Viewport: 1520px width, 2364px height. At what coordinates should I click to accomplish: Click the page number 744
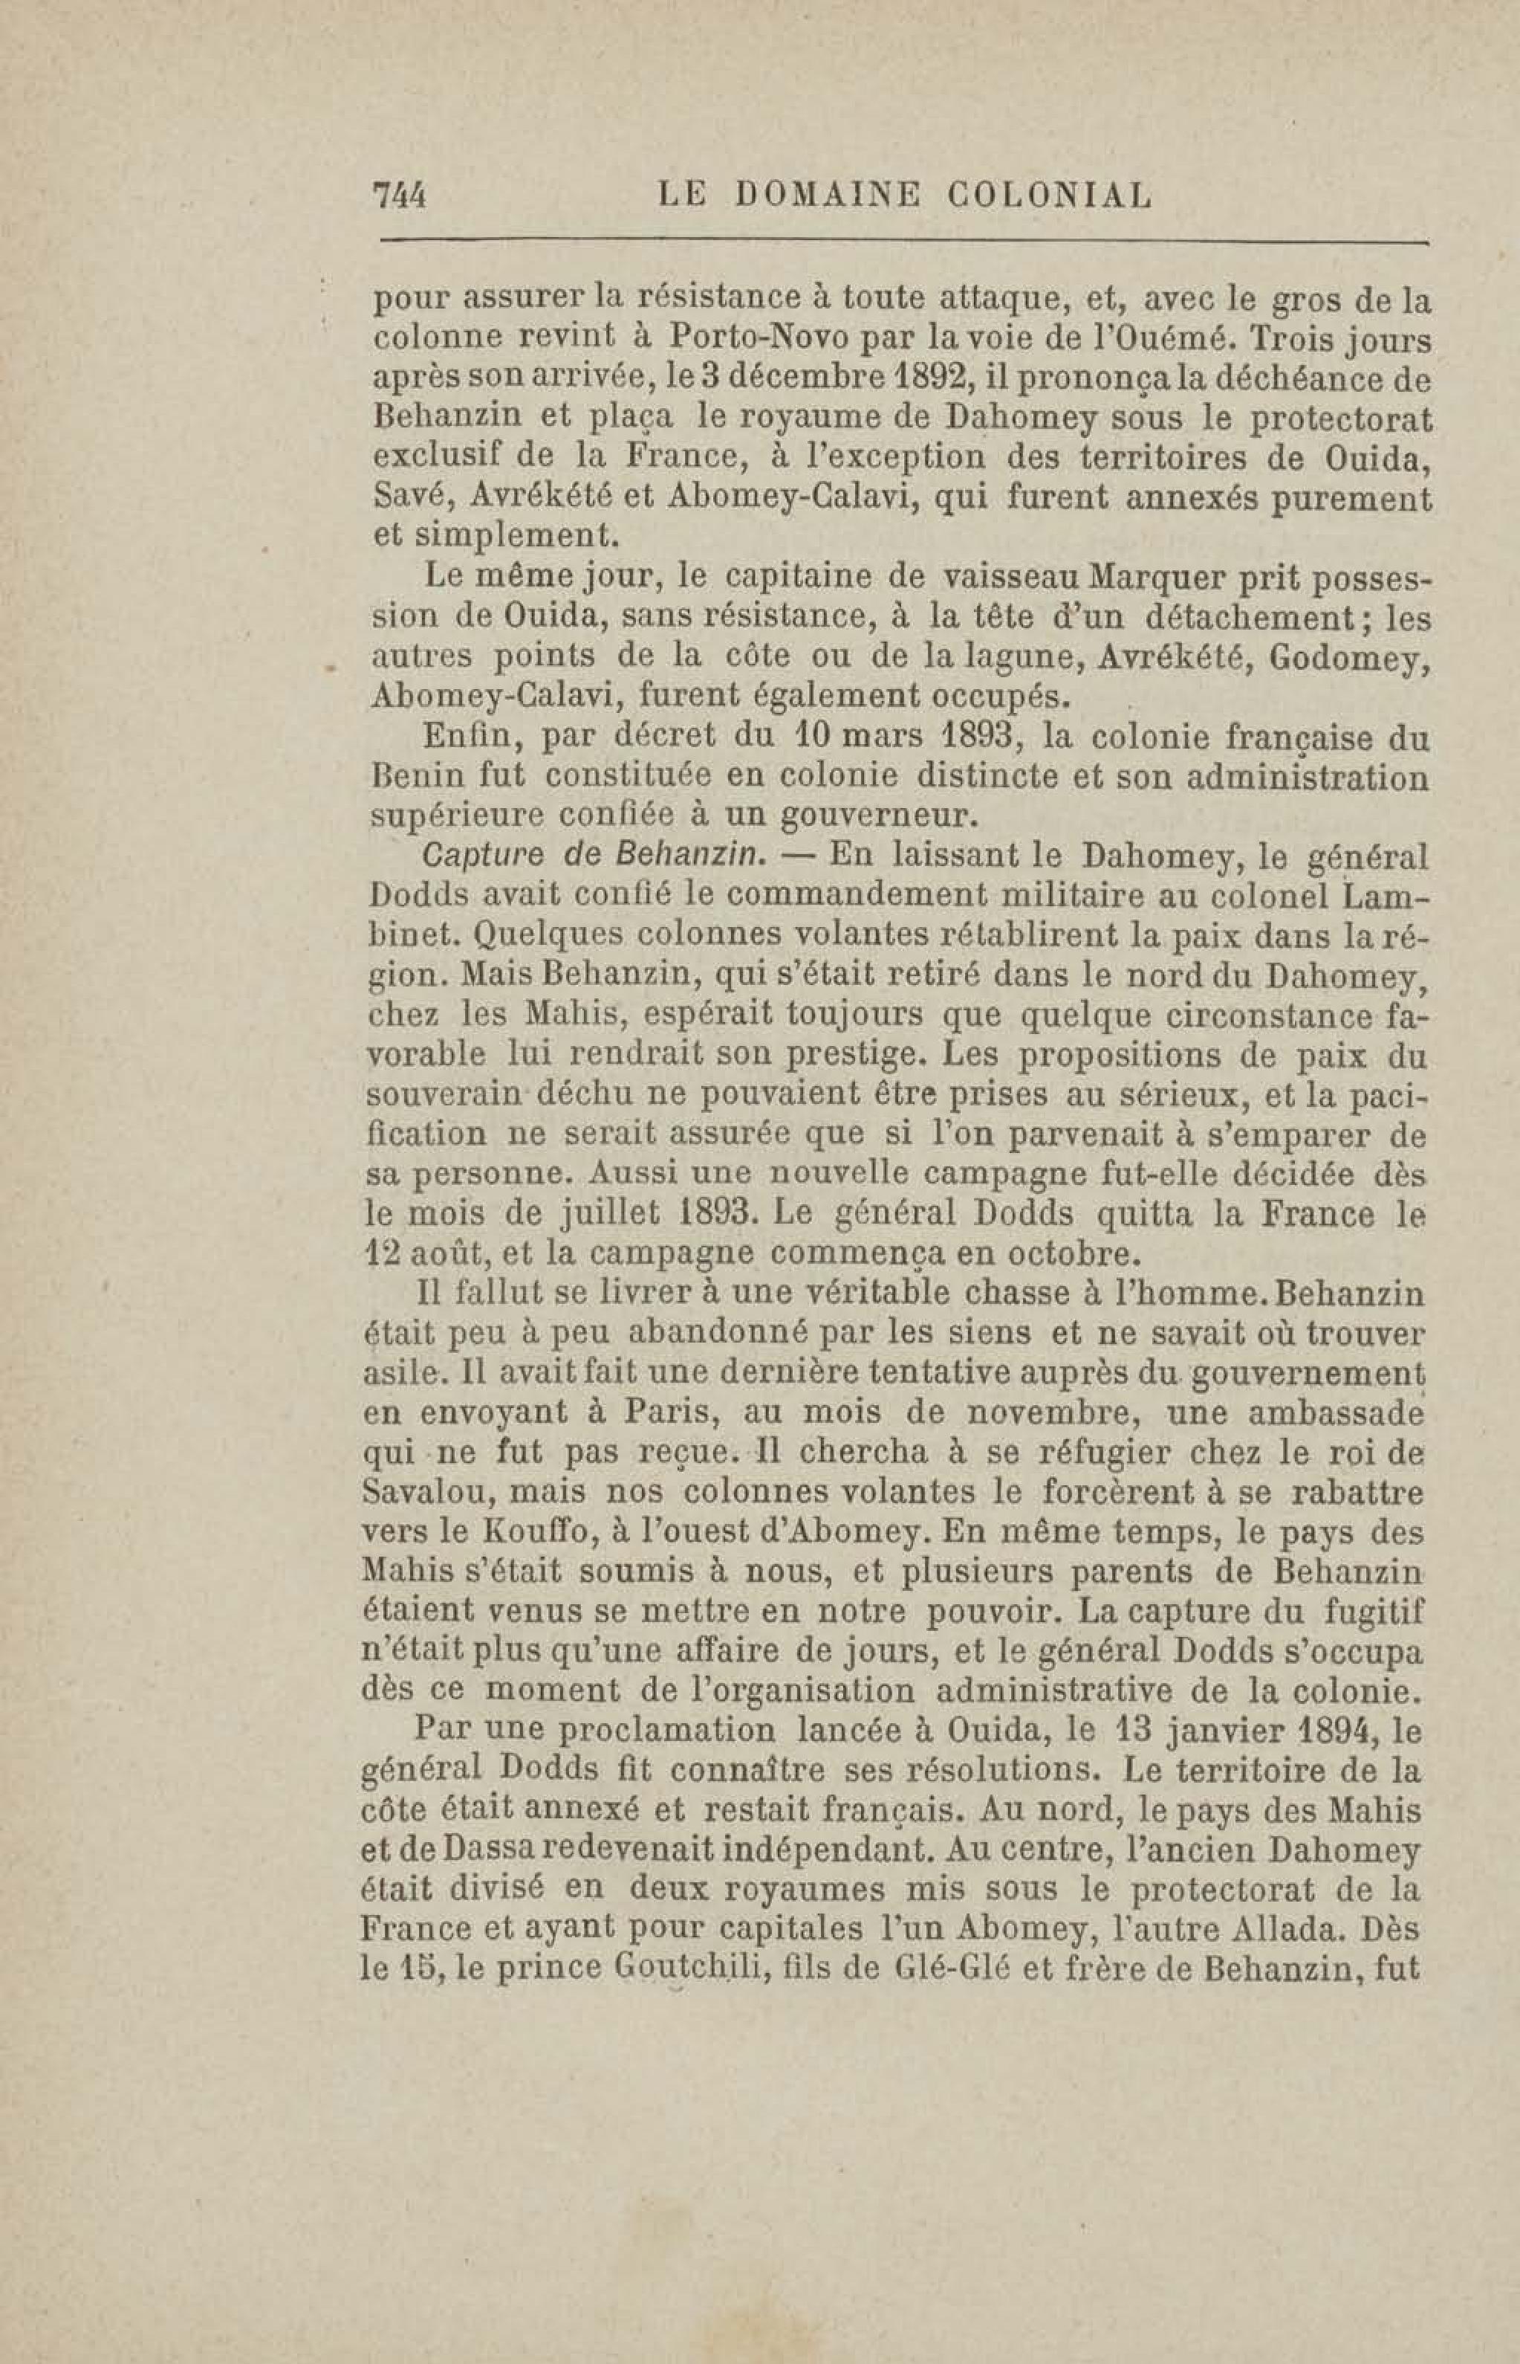[397, 195]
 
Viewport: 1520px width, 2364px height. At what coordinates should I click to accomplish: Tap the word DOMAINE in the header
[827, 195]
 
